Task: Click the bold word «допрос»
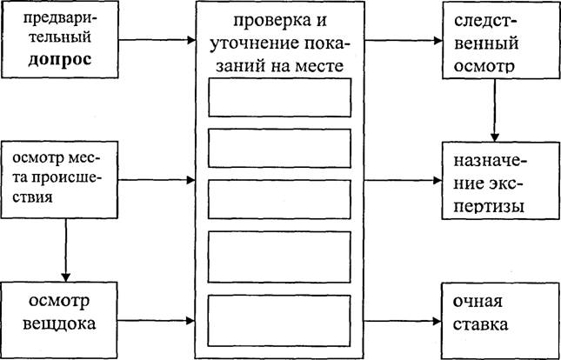click(x=59, y=59)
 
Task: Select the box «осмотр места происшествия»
click(x=59, y=180)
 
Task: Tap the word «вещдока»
click(x=59, y=323)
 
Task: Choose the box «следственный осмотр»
click(x=501, y=40)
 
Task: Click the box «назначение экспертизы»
click(x=501, y=181)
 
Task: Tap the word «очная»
click(x=478, y=303)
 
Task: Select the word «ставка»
click(x=480, y=324)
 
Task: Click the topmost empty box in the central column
click(x=279, y=97)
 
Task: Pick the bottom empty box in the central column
click(x=278, y=321)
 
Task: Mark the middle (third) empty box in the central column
click(x=279, y=199)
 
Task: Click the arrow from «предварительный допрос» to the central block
click(x=157, y=40)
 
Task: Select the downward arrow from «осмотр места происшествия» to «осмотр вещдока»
click(x=66, y=250)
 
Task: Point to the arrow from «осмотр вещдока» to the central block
click(x=157, y=321)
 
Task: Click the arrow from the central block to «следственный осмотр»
click(x=404, y=40)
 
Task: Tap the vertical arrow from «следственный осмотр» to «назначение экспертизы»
click(x=495, y=110)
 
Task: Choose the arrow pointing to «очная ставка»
click(x=404, y=321)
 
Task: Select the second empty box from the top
click(x=279, y=148)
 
